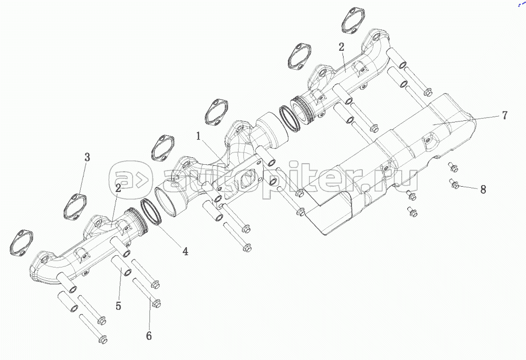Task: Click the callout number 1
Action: pyautogui.click(x=199, y=136)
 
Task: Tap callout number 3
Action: pyautogui.click(x=87, y=157)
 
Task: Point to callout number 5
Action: pyautogui.click(x=118, y=305)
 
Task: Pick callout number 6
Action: pyautogui.click(x=149, y=335)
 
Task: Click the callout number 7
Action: pyautogui.click(x=504, y=115)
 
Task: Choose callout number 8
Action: pyautogui.click(x=483, y=189)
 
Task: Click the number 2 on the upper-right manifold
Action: pyautogui.click(x=341, y=47)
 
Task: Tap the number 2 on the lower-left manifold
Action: pyautogui.click(x=117, y=188)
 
